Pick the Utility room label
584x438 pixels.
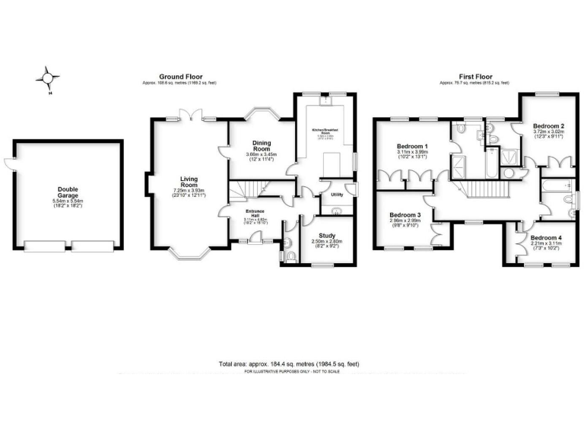[x=338, y=195]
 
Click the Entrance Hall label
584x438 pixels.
[x=253, y=215]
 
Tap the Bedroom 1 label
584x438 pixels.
[x=413, y=146]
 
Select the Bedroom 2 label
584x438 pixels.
[x=547, y=125]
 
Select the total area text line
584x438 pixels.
[x=288, y=364]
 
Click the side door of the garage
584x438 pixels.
[x=8, y=160]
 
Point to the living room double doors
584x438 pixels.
[x=188, y=115]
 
